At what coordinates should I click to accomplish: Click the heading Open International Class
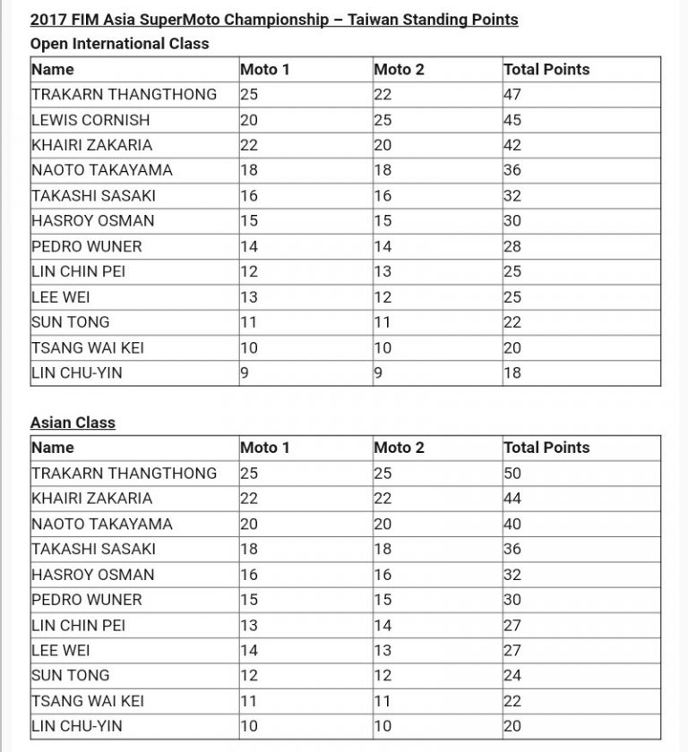(x=119, y=43)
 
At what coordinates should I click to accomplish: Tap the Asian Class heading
(x=73, y=422)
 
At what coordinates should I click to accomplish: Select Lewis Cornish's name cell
(x=90, y=120)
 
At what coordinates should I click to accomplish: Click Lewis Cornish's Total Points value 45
(x=513, y=120)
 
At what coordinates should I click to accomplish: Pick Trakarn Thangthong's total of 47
(x=513, y=94)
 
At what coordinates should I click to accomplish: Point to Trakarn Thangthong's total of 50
(x=513, y=473)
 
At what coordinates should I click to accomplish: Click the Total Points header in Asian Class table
(x=546, y=448)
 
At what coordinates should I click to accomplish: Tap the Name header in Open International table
(x=53, y=69)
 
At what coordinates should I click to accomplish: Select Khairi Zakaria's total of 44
(x=513, y=499)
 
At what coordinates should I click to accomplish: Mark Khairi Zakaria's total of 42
(x=513, y=145)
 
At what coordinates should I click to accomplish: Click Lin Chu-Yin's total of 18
(x=513, y=373)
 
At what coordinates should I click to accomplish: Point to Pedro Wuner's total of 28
(x=513, y=246)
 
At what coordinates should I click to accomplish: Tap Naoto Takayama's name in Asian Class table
(x=102, y=524)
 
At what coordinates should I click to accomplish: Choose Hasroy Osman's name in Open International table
(x=93, y=220)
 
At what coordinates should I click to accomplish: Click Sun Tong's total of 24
(x=513, y=676)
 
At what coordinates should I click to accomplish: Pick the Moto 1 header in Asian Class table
(x=266, y=448)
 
